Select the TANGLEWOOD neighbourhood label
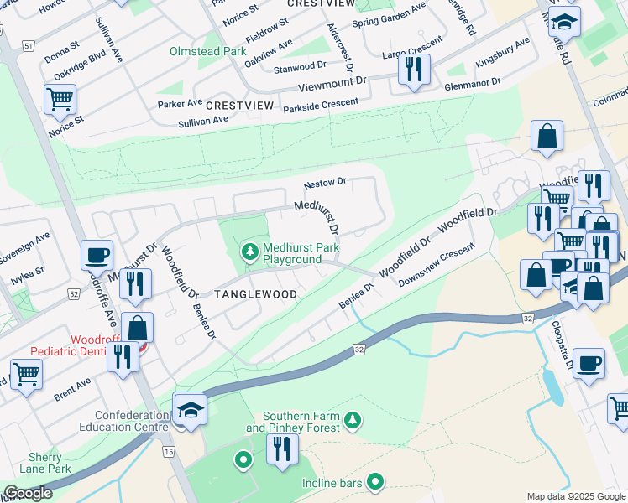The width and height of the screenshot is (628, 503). click(255, 294)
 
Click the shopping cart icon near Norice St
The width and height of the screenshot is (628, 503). click(60, 100)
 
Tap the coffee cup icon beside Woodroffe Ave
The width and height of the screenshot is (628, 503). click(97, 255)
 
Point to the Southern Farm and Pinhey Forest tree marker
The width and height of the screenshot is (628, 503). click(353, 419)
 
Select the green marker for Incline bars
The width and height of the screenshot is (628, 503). click(375, 481)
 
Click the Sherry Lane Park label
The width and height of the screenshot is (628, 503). click(44, 463)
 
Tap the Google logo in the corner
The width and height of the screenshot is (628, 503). click(28, 493)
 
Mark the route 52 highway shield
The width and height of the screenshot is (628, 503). click(74, 293)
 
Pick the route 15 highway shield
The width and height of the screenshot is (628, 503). click(169, 452)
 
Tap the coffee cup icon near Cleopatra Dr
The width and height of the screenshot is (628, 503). click(589, 363)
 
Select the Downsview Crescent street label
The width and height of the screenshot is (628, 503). click(437, 266)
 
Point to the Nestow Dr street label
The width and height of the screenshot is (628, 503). click(325, 181)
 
